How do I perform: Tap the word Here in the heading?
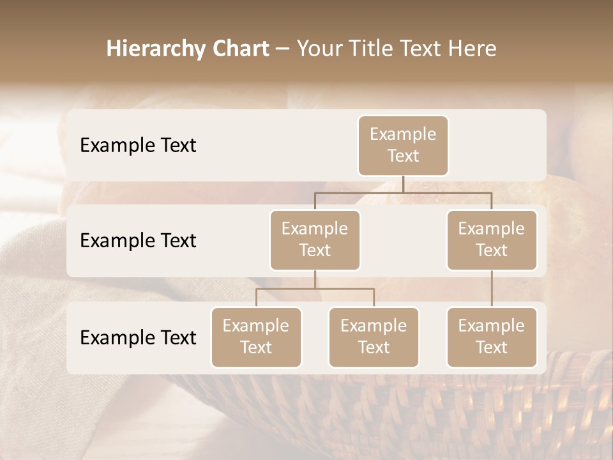tap(473, 49)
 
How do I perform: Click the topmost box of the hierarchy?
tap(403, 145)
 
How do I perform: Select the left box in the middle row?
tap(315, 240)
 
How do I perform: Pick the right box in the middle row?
tap(492, 240)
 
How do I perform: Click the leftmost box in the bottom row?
tap(256, 337)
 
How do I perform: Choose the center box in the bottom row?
tap(374, 337)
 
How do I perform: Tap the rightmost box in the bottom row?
tap(492, 337)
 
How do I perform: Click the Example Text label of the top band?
tap(138, 146)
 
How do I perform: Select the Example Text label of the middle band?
tap(138, 241)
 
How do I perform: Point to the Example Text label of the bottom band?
tap(138, 338)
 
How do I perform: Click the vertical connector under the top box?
tap(403, 184)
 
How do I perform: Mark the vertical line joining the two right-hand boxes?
tap(492, 289)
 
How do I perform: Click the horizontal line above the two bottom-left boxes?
tap(315, 289)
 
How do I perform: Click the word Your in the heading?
tap(319, 49)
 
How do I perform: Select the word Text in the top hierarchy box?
tap(403, 156)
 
